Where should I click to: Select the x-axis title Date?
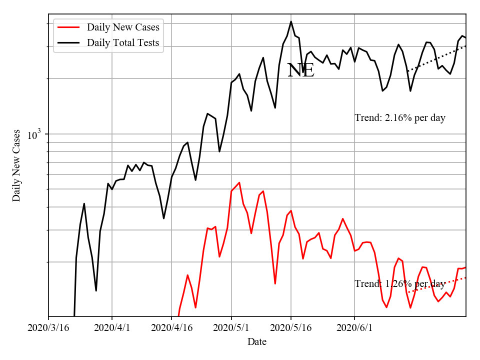(257, 342)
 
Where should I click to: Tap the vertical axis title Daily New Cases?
(16, 165)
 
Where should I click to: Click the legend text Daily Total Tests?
(123, 43)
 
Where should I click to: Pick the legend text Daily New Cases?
(123, 27)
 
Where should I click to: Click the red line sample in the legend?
(68, 27)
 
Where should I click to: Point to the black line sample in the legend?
(68, 43)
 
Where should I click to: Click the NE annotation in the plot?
(300, 70)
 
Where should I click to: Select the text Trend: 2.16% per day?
(400, 118)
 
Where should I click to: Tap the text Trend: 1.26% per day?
(400, 283)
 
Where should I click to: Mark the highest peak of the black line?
(291, 21)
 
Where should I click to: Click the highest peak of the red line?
(239, 182)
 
